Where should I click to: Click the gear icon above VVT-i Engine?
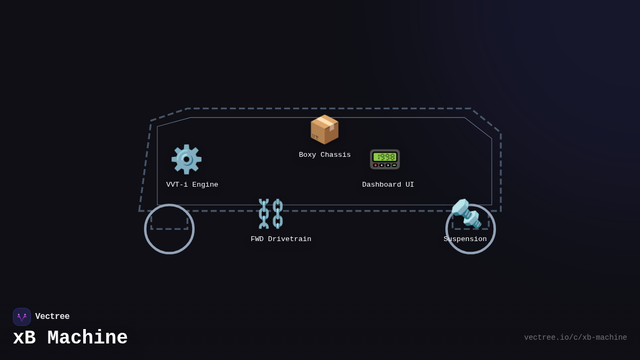coord(186,159)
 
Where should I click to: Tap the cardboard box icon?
coord(324,130)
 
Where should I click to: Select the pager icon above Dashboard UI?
coord(385,159)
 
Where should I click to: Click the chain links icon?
coord(271,213)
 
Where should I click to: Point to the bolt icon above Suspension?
coord(466,213)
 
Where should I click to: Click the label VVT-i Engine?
coord(192,185)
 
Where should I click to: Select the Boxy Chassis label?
coord(325,155)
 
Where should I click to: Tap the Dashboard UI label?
coord(388,185)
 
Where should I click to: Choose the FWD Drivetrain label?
coord(281,239)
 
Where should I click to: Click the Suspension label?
coord(465,239)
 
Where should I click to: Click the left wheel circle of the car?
coord(169,229)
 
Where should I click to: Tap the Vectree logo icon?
coord(22,317)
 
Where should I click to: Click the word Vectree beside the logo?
coord(52,317)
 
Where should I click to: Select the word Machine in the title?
coord(87,338)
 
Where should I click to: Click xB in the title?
coord(24,338)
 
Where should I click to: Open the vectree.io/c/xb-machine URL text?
coord(575,338)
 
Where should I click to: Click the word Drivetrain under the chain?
coord(290,239)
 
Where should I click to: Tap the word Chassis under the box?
coord(335,155)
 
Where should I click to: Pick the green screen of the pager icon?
coord(385,157)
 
